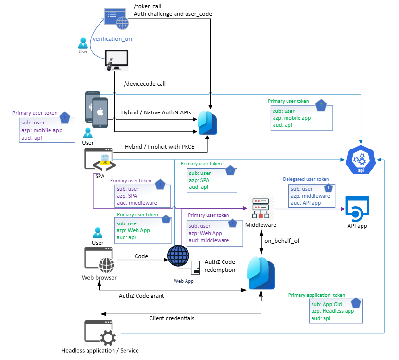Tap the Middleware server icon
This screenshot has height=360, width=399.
(260, 208)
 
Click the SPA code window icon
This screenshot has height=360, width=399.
(100, 160)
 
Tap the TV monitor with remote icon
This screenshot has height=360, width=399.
(116, 61)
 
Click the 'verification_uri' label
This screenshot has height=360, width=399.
(112, 39)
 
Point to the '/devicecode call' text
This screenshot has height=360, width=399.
(145, 84)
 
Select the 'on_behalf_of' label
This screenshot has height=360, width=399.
(282, 241)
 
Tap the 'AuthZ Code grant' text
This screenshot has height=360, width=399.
(141, 296)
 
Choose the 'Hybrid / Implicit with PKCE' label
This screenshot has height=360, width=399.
(160, 146)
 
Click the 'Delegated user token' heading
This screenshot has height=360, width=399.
(306, 179)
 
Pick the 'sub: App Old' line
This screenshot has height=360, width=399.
(327, 304)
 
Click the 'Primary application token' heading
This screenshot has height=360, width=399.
(316, 295)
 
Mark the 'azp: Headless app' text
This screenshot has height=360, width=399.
(332, 311)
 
